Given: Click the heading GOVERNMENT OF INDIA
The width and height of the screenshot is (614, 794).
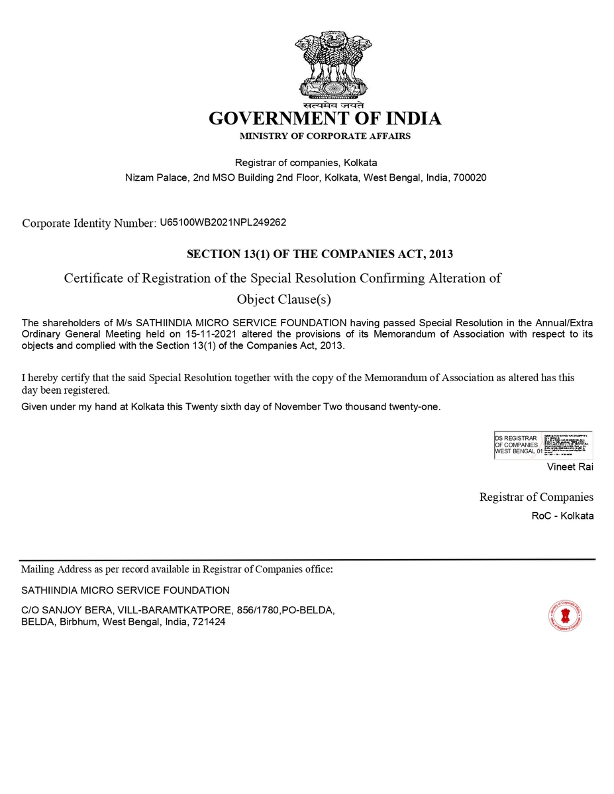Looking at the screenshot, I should tap(325, 118).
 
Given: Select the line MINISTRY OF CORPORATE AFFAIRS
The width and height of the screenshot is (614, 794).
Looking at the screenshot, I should tap(325, 136).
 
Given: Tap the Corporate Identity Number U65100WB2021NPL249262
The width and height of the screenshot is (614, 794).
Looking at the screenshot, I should tap(223, 222).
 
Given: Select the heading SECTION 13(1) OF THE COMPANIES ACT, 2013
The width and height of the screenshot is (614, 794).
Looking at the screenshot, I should tap(320, 254).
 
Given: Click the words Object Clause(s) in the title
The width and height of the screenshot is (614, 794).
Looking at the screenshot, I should tap(283, 299).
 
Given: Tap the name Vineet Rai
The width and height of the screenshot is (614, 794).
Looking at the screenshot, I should tap(570, 467).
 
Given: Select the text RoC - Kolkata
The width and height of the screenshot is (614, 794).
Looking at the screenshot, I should tap(562, 515).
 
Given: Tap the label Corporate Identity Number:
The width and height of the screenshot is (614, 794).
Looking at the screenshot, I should tap(89, 223).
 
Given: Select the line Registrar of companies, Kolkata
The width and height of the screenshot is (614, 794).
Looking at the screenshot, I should tap(306, 162).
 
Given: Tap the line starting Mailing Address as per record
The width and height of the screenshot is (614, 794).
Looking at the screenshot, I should tap(177, 569).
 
